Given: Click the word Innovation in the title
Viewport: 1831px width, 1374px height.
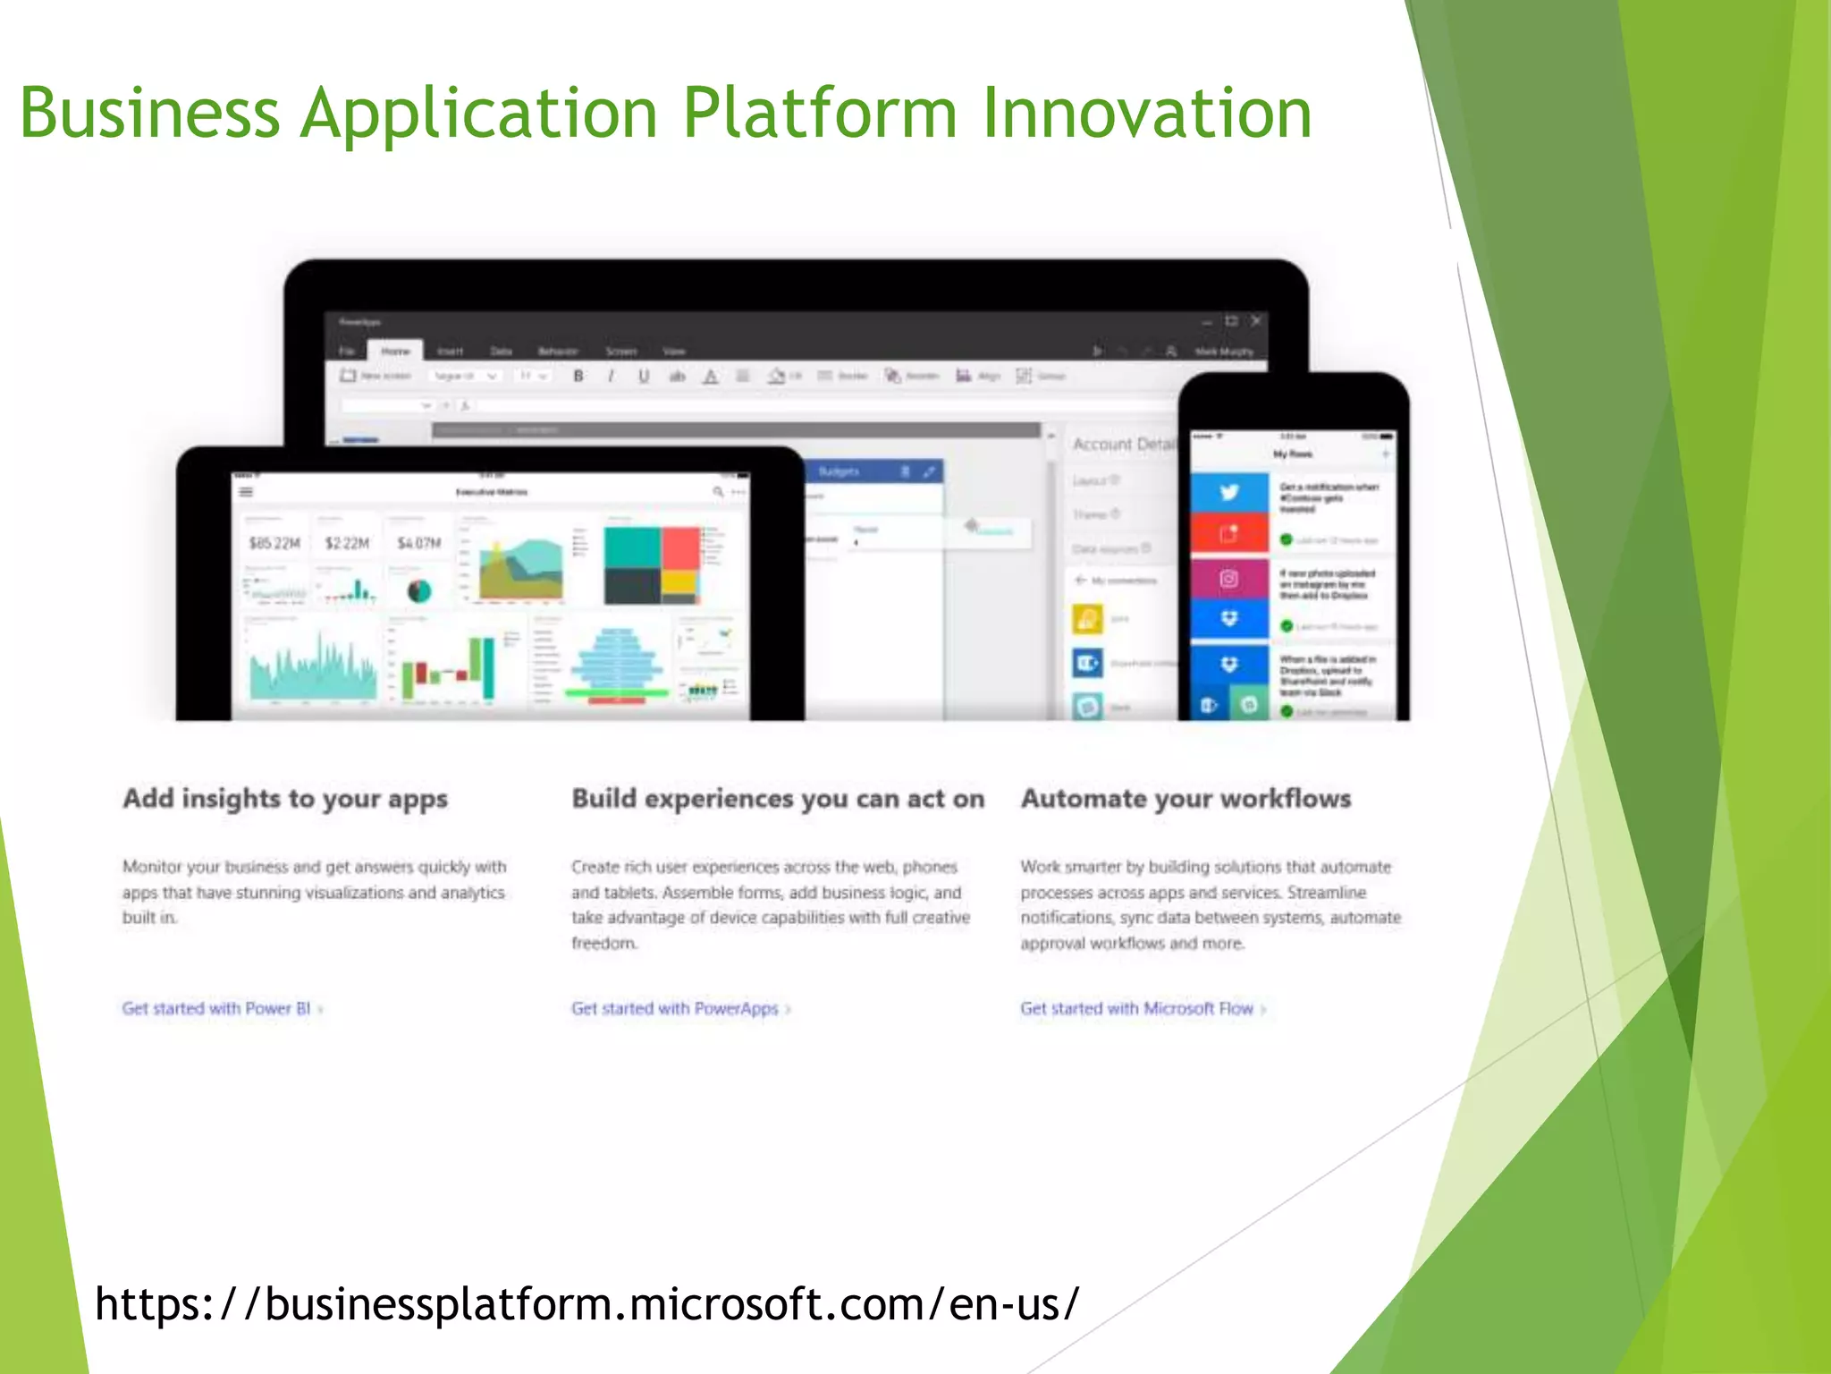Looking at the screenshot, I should pyautogui.click(x=1146, y=114).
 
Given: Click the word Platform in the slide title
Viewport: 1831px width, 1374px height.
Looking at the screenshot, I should pyautogui.click(x=819, y=114).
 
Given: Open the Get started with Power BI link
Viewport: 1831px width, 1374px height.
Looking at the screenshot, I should pyautogui.click(x=217, y=1008).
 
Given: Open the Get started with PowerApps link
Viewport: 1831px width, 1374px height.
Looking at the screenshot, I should pyautogui.click(x=676, y=1008).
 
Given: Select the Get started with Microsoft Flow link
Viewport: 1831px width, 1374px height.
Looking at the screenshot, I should pyautogui.click(x=1137, y=1008).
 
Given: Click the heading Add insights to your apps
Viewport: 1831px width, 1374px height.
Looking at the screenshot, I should pyautogui.click(x=285, y=798).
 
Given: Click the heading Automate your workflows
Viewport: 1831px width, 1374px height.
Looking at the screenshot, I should pyautogui.click(x=1186, y=798).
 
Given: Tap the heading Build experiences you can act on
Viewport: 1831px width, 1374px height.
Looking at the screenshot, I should pyautogui.click(x=778, y=798).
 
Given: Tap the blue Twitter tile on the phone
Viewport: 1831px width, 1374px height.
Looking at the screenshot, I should pyautogui.click(x=1229, y=492).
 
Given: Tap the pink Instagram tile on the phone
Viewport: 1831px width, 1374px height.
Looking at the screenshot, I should pyautogui.click(x=1229, y=579).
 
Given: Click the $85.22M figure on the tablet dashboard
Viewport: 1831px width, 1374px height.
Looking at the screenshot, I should pyautogui.click(x=274, y=543).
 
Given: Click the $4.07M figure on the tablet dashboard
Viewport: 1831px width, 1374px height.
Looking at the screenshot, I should pyautogui.click(x=418, y=543).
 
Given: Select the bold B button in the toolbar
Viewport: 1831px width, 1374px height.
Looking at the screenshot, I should pyautogui.click(x=578, y=377).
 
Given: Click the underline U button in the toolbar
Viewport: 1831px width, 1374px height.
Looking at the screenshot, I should pyautogui.click(x=644, y=377).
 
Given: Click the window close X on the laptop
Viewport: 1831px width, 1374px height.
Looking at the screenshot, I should pyautogui.click(x=1256, y=320).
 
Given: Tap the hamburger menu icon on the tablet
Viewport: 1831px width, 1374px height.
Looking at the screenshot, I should pyautogui.click(x=246, y=492).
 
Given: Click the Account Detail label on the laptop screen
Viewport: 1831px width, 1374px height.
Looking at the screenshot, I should pyautogui.click(x=1123, y=445).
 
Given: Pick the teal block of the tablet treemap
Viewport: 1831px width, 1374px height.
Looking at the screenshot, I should pyautogui.click(x=631, y=546).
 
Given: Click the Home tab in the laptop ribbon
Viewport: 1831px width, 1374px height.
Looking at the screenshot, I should pyautogui.click(x=395, y=351).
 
